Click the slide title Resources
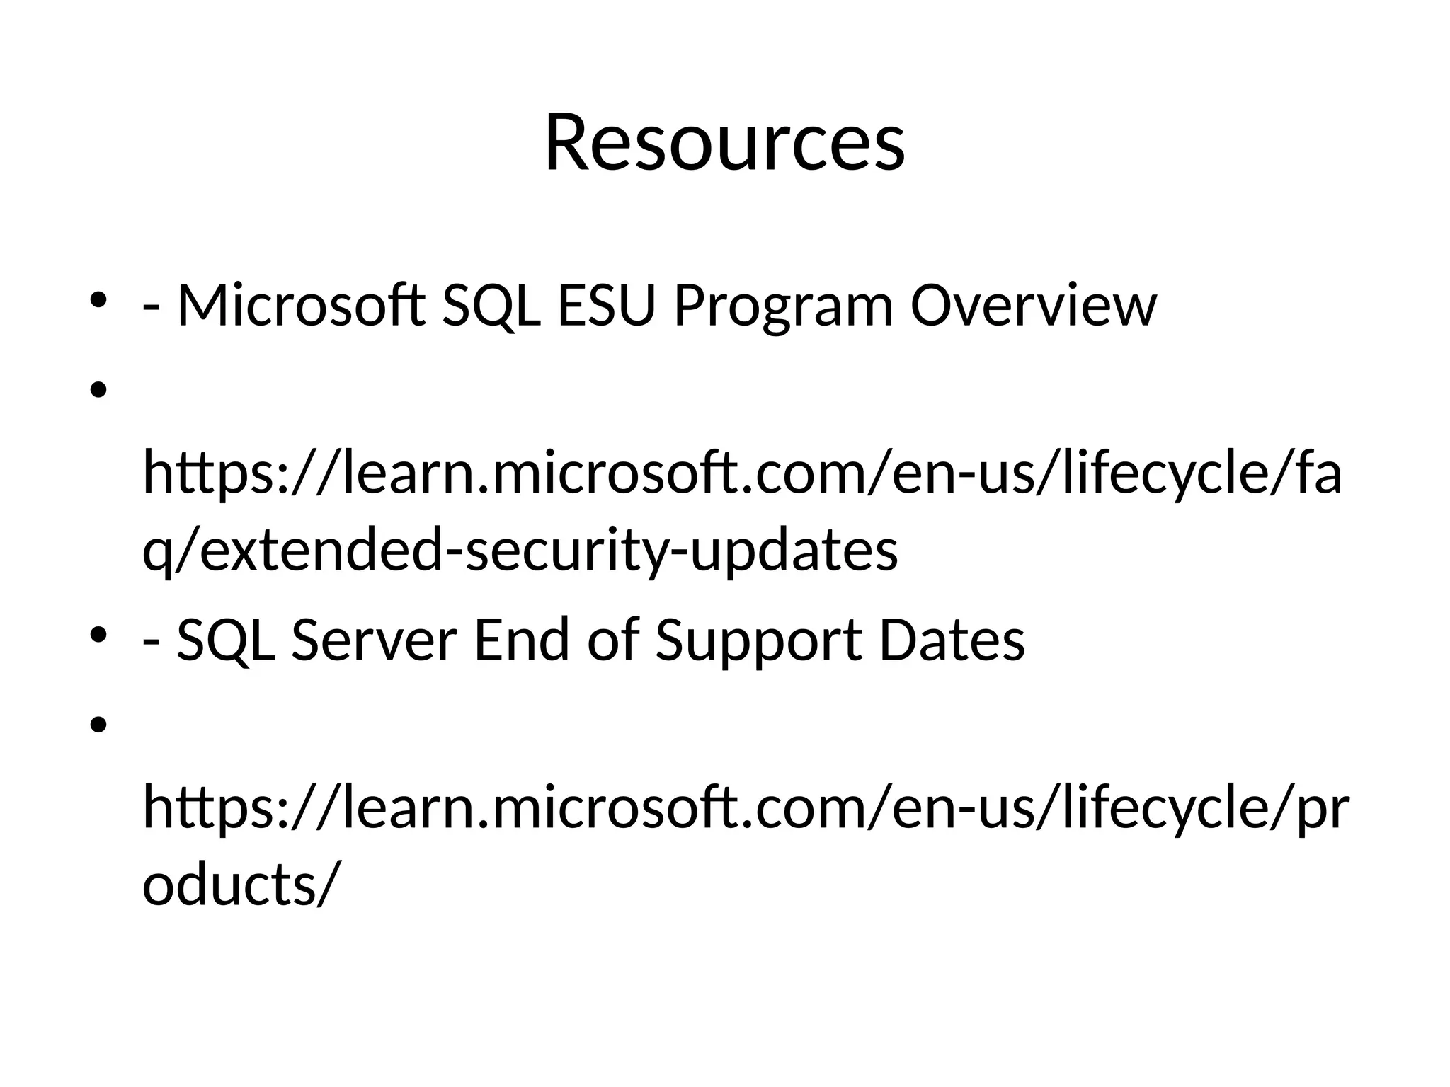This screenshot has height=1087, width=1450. [724, 144]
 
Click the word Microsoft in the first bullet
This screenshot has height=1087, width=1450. [301, 306]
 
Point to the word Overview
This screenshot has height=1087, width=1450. [1033, 306]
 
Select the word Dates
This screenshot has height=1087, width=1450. [952, 640]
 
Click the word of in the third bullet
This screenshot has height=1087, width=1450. [613, 640]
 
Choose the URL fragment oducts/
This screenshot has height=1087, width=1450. [236, 885]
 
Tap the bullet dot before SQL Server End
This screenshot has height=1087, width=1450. [98, 635]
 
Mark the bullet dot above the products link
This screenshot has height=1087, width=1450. [98, 724]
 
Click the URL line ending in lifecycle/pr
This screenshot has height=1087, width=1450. [746, 809]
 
